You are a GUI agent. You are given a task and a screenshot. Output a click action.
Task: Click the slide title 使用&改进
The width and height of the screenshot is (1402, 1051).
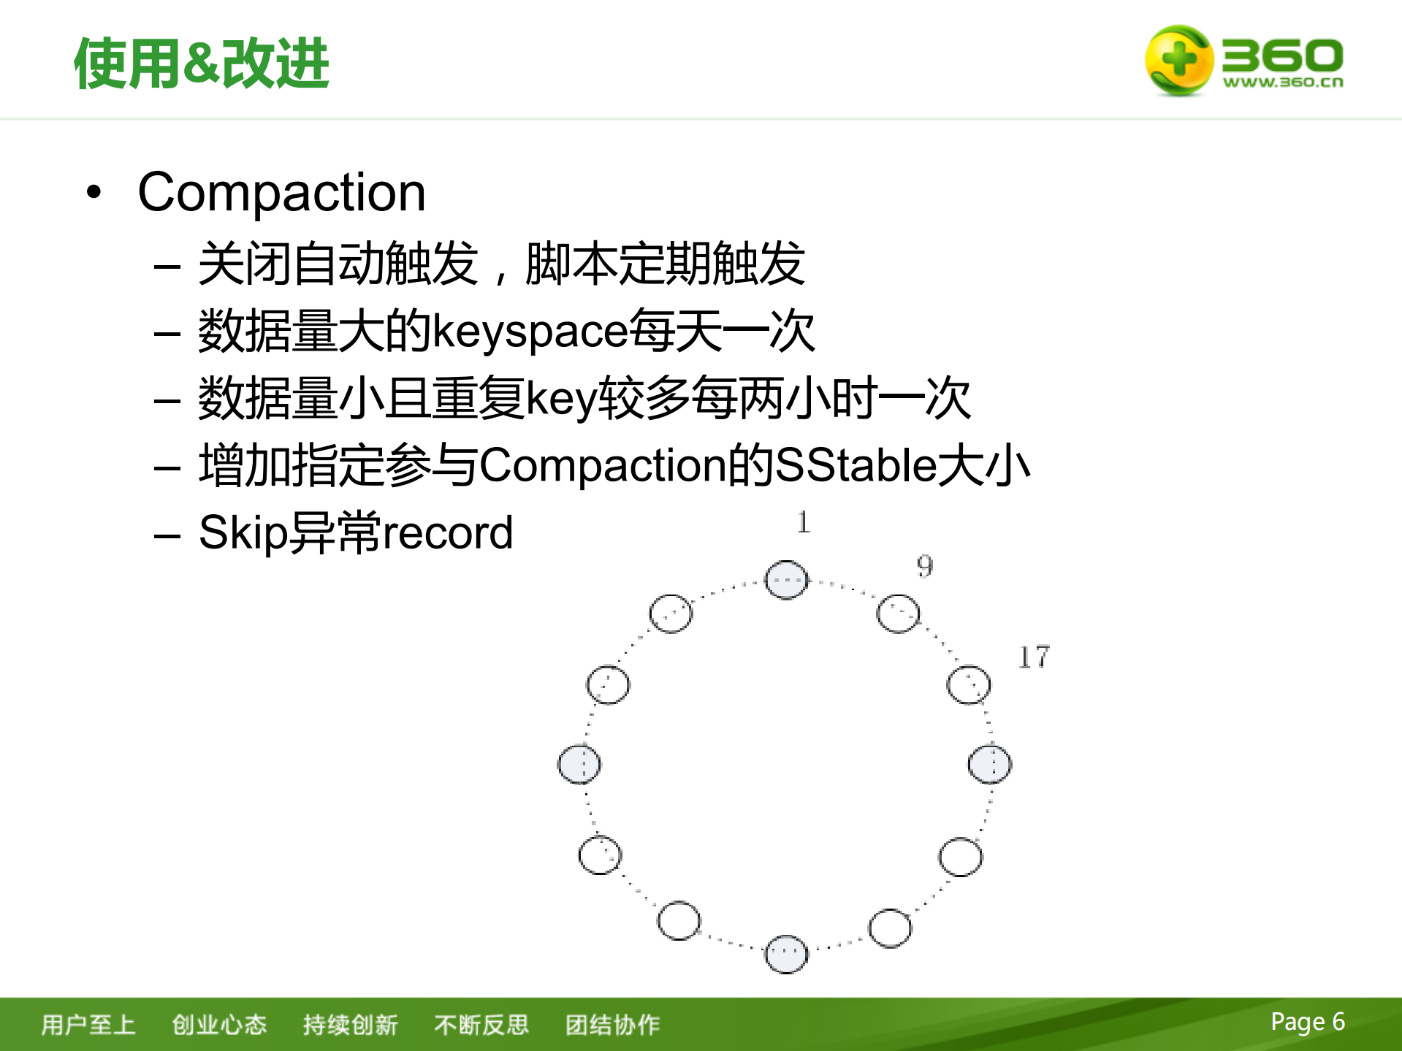[202, 64]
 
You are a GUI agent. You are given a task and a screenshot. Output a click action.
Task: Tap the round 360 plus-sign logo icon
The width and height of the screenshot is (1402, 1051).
[1178, 60]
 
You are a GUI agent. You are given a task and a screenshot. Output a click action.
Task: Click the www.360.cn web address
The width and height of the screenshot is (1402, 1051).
[1283, 83]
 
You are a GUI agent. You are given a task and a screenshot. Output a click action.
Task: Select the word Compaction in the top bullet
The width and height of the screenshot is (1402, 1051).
[281, 193]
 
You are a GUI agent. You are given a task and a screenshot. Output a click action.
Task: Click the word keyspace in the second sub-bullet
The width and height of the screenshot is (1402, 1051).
[530, 331]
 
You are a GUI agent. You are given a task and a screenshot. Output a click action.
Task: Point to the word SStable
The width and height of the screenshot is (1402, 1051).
[855, 465]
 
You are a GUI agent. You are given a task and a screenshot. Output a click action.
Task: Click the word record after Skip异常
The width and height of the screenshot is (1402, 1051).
[447, 532]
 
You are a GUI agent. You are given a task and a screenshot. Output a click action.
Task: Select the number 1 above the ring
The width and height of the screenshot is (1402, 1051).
[804, 522]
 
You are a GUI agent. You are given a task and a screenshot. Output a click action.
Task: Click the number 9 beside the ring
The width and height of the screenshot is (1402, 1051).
[925, 566]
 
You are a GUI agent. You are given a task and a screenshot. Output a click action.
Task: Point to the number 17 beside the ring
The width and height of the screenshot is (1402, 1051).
[1034, 657]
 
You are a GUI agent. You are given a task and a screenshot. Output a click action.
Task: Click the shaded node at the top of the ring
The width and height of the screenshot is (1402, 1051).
[786, 580]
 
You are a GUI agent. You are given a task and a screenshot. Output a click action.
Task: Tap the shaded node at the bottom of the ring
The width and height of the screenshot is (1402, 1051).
[786, 954]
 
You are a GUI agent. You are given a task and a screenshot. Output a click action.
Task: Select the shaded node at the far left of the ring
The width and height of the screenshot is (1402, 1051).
[579, 765]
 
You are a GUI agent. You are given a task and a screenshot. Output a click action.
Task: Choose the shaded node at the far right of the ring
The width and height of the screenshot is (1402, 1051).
[990, 765]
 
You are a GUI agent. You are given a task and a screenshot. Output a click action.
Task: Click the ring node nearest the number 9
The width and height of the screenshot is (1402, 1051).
[898, 614]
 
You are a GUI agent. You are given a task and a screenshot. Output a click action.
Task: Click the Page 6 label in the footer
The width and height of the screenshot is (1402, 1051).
[1307, 1022]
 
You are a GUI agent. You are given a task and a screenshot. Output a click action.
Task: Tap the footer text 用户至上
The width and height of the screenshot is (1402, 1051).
[88, 1025]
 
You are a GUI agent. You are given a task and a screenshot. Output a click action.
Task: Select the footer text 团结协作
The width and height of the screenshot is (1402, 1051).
[612, 1025]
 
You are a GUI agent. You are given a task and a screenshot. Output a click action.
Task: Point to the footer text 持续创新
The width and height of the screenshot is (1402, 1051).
[350, 1025]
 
